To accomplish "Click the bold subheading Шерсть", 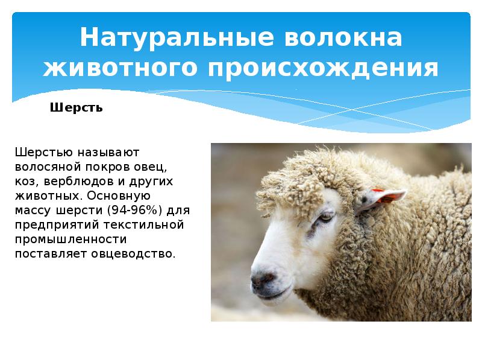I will click(76, 109).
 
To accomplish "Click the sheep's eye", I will click(325, 215).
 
